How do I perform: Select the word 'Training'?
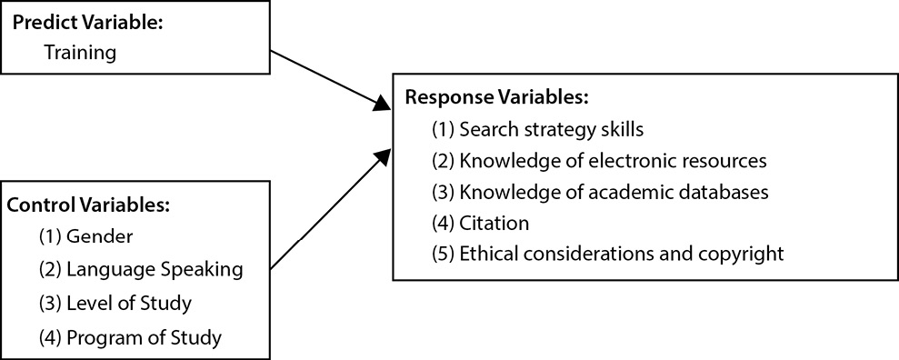tap(80, 53)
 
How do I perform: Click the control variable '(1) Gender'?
tap(85, 236)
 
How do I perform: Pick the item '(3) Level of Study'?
tap(115, 304)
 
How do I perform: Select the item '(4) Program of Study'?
tap(130, 338)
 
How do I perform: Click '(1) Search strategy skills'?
tap(544, 128)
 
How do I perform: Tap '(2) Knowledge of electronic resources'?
tap(600, 160)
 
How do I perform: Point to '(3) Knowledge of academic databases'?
tap(600, 192)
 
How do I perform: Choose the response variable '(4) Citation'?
tap(481, 222)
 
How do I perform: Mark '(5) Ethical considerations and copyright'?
tap(607, 253)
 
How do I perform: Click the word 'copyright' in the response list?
tap(741, 253)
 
